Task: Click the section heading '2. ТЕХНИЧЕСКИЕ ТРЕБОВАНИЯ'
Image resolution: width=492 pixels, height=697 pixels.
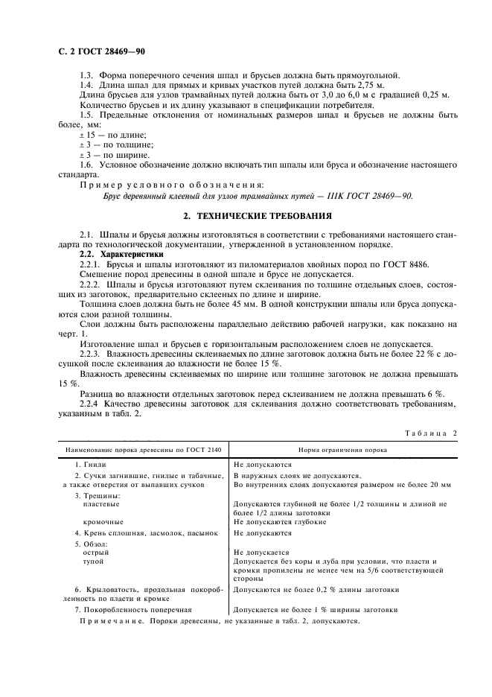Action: pos(257,216)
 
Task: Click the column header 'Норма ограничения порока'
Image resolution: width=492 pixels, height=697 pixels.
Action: pos(340,450)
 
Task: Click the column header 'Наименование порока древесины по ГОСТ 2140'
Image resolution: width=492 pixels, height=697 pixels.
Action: pos(141,450)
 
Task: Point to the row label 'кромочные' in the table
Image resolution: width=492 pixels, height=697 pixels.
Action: pos(103,522)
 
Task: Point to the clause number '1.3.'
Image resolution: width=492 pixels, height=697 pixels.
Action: pos(86,75)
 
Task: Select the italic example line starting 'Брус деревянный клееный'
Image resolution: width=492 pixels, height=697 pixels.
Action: pos(257,196)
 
